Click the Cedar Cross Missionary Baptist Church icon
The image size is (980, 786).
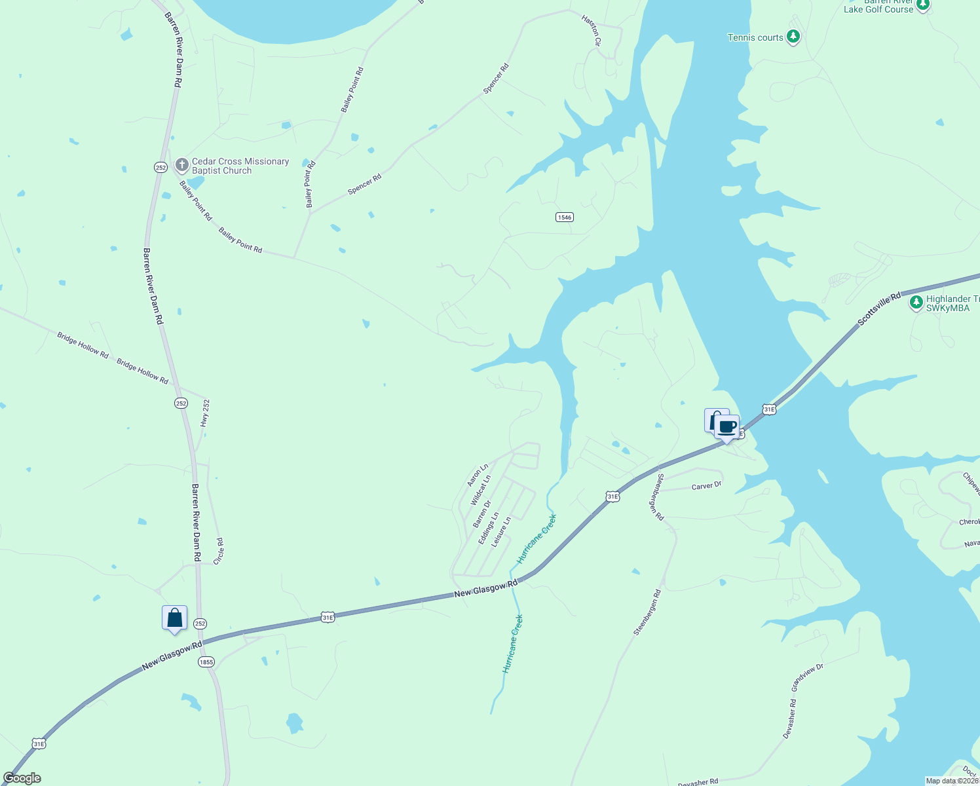coord(182,165)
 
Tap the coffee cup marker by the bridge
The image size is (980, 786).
coord(726,428)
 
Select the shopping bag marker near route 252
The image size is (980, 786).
coord(174,618)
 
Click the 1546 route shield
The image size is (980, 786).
coord(564,217)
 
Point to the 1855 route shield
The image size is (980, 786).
coord(206,662)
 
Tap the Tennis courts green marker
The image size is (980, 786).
coord(793,36)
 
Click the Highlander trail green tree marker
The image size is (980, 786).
coord(916,303)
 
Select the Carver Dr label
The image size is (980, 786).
coord(706,486)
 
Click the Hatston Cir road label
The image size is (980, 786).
coord(591,30)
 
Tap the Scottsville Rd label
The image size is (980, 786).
coord(879,309)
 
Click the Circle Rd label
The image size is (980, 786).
coord(219,550)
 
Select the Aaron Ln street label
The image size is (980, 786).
coord(478,476)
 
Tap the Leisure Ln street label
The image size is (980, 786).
coord(501,532)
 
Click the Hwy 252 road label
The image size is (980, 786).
coord(206,413)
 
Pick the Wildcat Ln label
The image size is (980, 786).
coord(480,491)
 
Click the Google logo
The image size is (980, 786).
coord(22,778)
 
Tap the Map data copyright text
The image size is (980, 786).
coord(952,781)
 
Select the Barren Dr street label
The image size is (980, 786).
coord(482,514)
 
